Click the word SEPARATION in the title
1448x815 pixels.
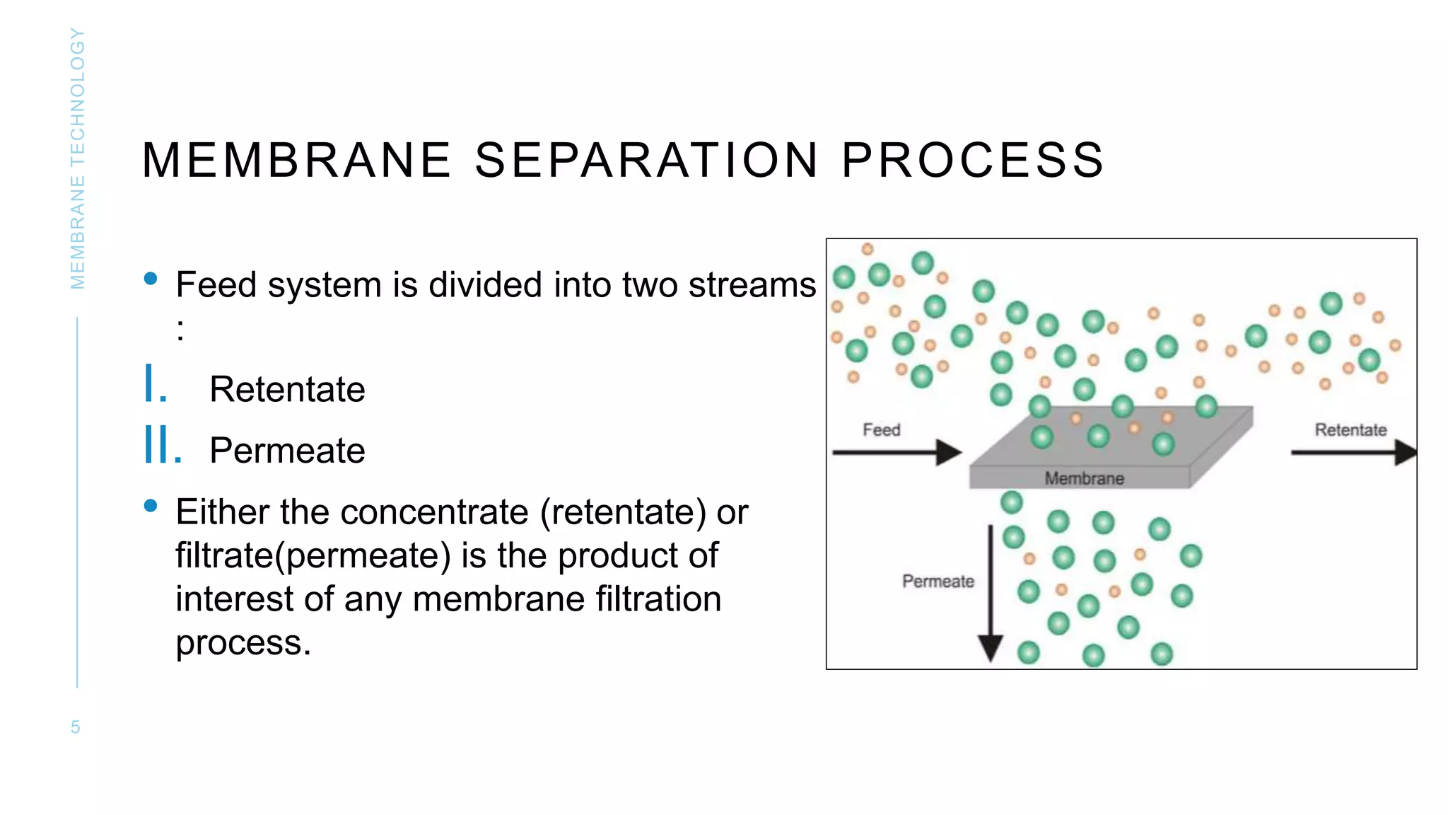pos(646,160)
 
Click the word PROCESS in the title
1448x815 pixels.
pos(972,160)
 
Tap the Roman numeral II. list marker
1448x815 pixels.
pos(163,446)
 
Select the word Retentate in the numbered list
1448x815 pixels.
pos(287,389)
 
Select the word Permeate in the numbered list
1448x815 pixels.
pos(287,451)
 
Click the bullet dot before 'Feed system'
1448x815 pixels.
pos(151,279)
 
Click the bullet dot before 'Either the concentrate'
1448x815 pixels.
pos(151,506)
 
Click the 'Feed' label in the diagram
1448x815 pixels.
pos(881,430)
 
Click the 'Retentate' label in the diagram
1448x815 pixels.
pos(1350,430)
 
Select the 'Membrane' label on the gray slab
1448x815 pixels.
pos(1084,479)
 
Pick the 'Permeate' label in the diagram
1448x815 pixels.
pos(938,582)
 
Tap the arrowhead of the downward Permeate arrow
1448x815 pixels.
pos(991,647)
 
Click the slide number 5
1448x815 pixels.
pos(76,727)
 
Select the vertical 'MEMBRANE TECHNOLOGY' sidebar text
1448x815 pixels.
pos(78,158)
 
